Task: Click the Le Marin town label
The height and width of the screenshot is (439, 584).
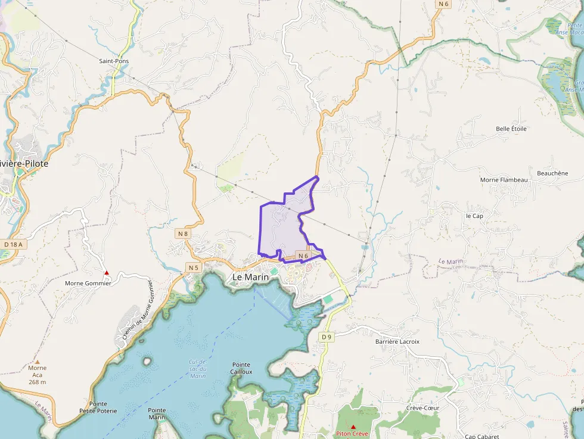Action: [250, 277]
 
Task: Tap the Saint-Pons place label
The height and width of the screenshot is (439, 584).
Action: [114, 61]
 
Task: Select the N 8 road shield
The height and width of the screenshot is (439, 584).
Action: [183, 233]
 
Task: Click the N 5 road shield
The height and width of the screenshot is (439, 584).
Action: [193, 267]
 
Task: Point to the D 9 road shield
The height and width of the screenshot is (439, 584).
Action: [326, 337]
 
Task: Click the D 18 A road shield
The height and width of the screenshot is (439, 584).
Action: [13, 244]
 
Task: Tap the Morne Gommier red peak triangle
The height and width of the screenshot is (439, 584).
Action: [107, 273]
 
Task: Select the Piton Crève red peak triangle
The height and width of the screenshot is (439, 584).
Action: [353, 426]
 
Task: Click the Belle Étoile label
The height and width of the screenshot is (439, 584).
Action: [511, 129]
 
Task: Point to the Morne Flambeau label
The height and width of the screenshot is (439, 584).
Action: [504, 180]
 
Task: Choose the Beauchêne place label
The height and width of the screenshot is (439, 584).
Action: [552, 173]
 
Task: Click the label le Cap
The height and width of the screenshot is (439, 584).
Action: [474, 216]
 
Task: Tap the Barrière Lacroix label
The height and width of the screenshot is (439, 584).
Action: [397, 342]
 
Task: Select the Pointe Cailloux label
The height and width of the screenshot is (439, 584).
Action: [241, 368]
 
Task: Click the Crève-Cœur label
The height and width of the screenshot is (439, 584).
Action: [423, 408]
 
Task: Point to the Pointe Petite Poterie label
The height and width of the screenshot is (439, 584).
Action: [98, 407]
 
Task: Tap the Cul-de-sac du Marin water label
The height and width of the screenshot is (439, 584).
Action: [197, 369]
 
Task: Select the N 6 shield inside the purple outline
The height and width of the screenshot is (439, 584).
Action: [303, 256]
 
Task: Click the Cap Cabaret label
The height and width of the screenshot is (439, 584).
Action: [482, 436]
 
